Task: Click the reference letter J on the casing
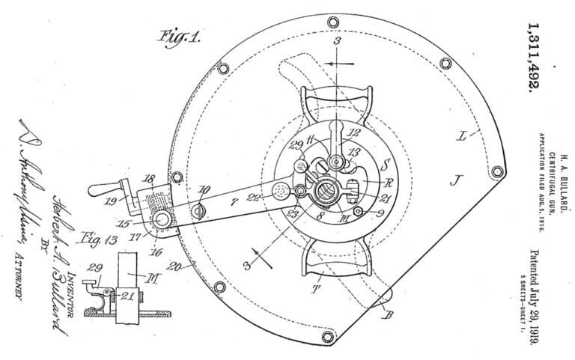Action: [455, 177]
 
